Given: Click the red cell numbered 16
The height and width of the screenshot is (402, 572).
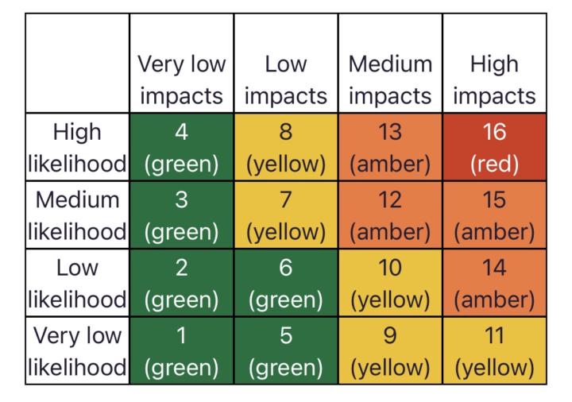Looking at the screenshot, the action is click(494, 147).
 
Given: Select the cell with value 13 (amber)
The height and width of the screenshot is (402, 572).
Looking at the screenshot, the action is click(390, 147).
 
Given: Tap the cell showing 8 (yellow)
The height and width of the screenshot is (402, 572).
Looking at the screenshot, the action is click(286, 147).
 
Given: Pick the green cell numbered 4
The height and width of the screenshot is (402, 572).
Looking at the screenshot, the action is click(182, 147).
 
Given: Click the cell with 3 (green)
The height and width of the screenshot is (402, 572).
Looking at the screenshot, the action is click(182, 215).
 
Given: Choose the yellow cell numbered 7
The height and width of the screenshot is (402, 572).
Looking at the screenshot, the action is click(286, 215).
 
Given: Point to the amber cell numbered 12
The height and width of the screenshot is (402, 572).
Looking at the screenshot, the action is click(390, 215).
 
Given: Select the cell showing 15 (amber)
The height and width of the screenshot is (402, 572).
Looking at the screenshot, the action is click(494, 215).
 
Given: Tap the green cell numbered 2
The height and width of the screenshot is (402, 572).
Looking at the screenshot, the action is click(182, 283).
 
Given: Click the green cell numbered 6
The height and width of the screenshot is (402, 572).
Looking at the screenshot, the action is click(286, 283).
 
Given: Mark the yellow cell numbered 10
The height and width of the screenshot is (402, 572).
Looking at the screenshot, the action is click(390, 283).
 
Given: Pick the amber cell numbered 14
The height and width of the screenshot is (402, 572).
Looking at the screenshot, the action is click(494, 283).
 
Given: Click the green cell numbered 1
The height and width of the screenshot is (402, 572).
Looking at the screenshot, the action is click(182, 350).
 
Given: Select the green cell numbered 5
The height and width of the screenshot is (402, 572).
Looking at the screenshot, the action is click(286, 350).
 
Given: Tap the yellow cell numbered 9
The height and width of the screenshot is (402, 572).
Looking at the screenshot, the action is click(390, 350).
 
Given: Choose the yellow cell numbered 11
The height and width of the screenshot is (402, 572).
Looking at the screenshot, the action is click(494, 350).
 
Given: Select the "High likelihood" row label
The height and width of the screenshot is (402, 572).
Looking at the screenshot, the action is click(77, 147).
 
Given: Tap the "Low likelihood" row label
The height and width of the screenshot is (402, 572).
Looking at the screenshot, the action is click(77, 283).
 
